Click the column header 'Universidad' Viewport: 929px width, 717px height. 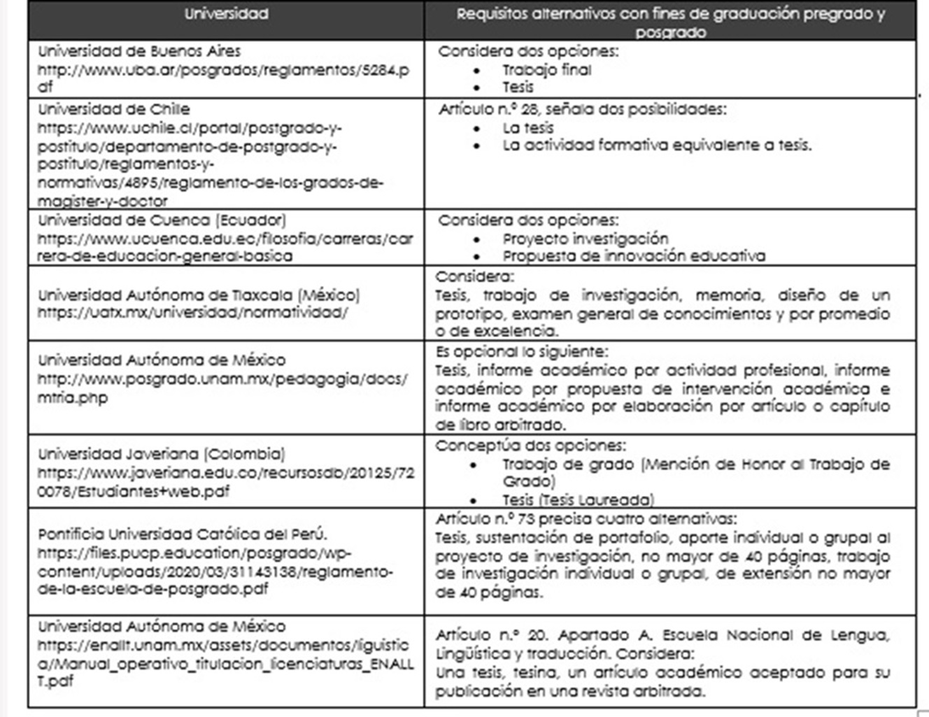click(226, 14)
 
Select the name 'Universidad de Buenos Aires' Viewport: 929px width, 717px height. click(139, 51)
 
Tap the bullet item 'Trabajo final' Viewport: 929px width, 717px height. click(546, 70)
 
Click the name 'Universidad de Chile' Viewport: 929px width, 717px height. click(114, 109)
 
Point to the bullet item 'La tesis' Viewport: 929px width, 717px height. click(527, 128)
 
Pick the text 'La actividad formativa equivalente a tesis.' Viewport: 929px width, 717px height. click(657, 145)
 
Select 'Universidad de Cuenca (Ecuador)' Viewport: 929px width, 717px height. click(162, 220)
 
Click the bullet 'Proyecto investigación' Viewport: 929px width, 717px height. click(585, 239)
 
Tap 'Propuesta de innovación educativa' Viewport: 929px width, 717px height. click(633, 256)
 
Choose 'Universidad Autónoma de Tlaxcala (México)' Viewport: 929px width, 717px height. click(199, 294)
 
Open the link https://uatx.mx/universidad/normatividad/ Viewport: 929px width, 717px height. click(192, 312)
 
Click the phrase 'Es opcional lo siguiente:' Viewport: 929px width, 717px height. click(522, 351)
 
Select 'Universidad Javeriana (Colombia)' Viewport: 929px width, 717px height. click(162, 454)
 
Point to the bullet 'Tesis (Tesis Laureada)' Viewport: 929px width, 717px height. click(578, 499)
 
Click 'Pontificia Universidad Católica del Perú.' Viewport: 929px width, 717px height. click(183, 534)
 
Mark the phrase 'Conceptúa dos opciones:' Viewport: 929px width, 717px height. click(530, 446)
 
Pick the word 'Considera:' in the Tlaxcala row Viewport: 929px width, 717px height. click(474, 276)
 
